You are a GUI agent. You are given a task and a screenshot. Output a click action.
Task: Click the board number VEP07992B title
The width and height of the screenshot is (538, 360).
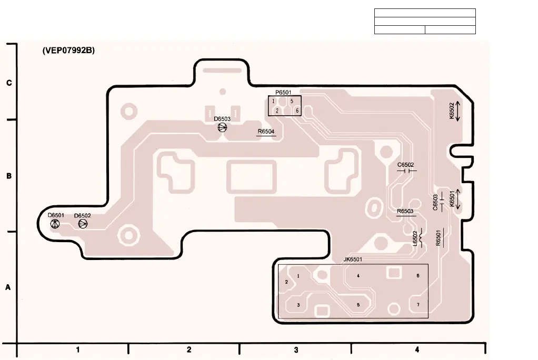(68, 51)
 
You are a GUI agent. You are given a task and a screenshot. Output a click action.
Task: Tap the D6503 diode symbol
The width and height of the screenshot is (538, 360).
(222, 127)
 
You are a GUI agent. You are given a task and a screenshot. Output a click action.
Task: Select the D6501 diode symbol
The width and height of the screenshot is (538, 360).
(55, 224)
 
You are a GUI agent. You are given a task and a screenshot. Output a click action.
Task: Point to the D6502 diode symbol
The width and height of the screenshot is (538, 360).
(83, 224)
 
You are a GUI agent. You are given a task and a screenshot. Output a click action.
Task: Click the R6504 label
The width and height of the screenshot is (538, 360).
(266, 131)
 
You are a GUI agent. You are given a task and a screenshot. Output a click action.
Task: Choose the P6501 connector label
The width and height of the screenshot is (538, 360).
(283, 92)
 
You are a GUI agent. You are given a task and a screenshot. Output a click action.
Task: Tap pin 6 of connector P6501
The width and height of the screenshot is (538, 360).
(297, 111)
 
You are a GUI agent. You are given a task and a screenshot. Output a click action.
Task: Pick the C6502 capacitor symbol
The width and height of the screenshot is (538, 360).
(406, 171)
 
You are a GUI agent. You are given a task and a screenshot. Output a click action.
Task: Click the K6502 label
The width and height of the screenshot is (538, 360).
(452, 111)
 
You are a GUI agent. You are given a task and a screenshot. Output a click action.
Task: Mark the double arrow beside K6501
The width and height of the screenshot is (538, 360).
(458, 199)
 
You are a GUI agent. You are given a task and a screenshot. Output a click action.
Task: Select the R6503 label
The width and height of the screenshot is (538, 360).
(405, 211)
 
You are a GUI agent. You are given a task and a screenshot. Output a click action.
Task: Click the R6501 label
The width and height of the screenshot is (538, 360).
(438, 238)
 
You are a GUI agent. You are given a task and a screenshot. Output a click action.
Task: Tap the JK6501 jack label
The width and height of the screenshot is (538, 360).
(353, 259)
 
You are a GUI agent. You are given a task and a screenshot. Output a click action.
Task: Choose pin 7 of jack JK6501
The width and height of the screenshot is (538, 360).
(417, 305)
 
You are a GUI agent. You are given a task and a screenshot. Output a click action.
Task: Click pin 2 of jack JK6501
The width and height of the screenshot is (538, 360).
(286, 282)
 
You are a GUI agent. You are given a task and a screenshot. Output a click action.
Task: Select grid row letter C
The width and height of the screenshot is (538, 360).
(8, 83)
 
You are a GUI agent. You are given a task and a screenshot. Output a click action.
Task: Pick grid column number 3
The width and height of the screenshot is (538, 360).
(296, 349)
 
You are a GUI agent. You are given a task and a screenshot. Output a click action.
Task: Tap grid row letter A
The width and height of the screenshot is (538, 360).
(8, 288)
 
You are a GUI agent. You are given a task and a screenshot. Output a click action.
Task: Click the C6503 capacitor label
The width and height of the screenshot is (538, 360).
(435, 203)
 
